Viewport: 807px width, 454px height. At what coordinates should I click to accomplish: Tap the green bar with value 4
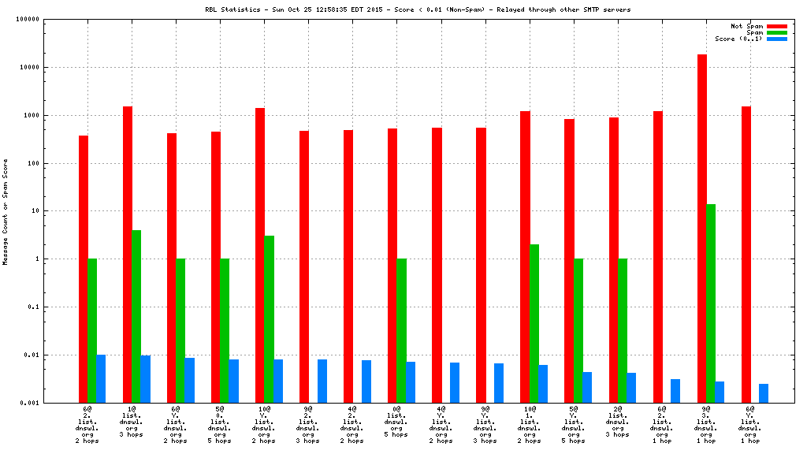(136, 316)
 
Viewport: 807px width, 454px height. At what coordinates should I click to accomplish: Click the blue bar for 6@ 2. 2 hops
(101, 378)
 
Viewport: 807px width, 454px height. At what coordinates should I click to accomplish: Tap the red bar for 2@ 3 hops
(613, 260)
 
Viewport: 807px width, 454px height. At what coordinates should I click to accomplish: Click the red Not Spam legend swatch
(776, 26)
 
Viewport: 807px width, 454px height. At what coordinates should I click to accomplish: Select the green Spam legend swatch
(776, 32)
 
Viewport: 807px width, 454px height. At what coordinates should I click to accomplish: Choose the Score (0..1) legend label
(738, 39)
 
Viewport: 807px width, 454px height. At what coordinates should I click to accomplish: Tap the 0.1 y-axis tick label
(34, 307)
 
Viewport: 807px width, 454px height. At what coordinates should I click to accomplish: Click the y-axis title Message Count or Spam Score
(6, 211)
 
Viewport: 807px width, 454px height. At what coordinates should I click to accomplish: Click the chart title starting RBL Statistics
(418, 9)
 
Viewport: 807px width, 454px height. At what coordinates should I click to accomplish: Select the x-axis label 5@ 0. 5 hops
(220, 425)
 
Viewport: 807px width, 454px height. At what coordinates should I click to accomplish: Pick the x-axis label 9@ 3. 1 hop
(706, 425)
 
